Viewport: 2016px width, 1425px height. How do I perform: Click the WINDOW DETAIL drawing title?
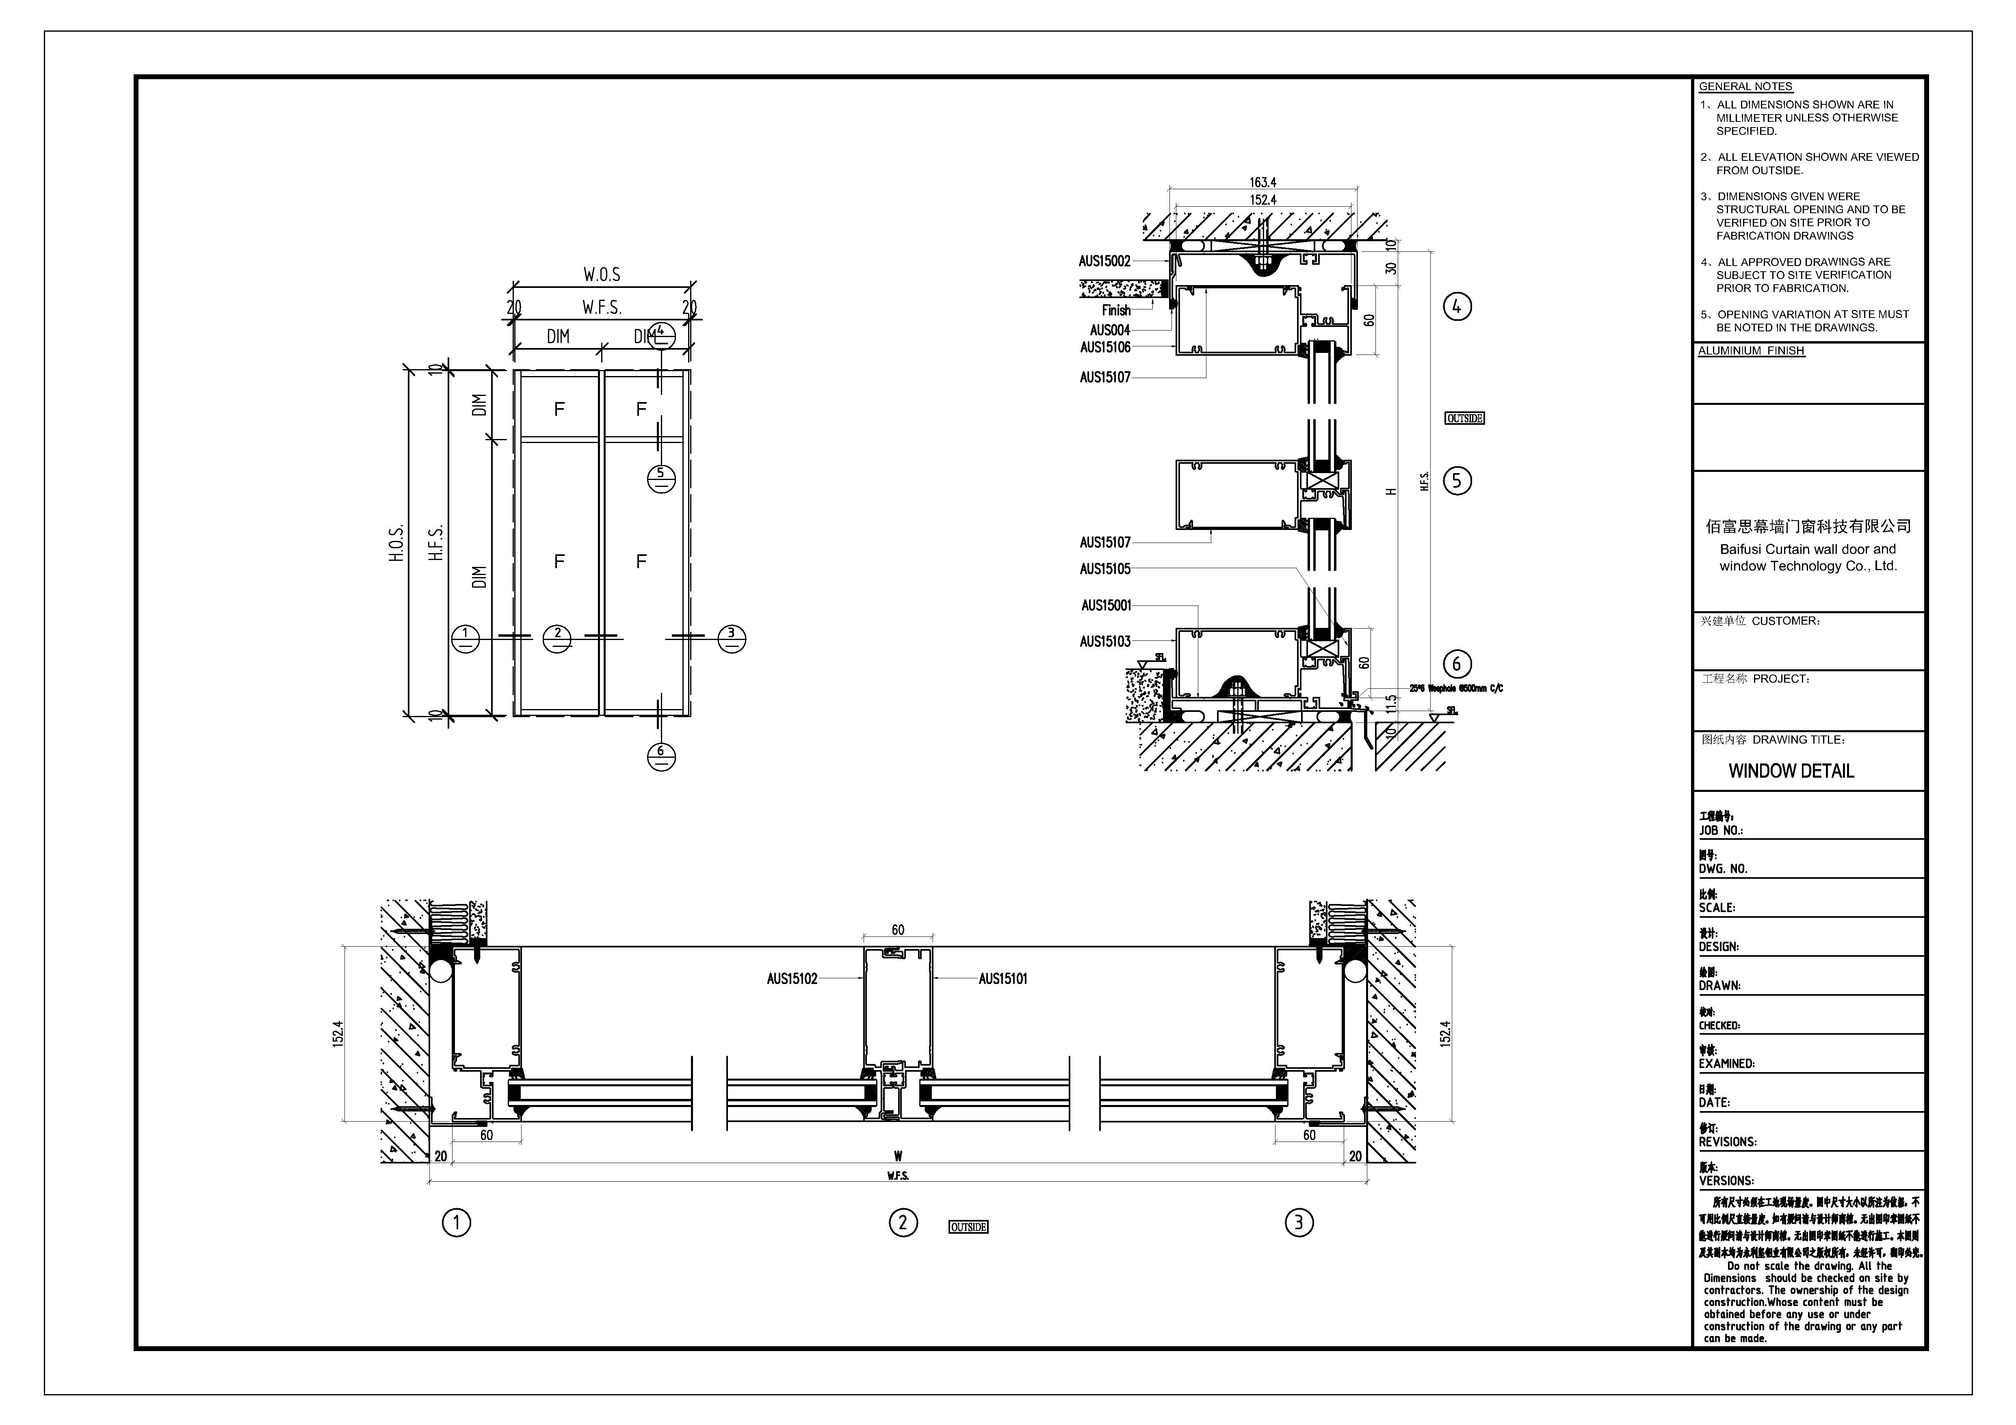[1791, 771]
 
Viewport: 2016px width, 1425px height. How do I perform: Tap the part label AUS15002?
[1104, 261]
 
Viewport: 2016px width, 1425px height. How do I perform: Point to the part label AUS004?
[1110, 330]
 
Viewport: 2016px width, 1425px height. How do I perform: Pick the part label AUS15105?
[1104, 569]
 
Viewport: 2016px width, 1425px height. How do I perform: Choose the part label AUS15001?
[1107, 605]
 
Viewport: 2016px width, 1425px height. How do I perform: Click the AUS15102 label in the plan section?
[792, 979]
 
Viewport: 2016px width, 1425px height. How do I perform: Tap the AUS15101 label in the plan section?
[1003, 979]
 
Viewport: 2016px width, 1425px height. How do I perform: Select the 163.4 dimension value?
[1262, 183]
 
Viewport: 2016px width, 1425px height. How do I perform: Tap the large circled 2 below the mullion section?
[903, 1222]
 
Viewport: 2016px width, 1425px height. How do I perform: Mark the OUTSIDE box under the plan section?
[968, 1226]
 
